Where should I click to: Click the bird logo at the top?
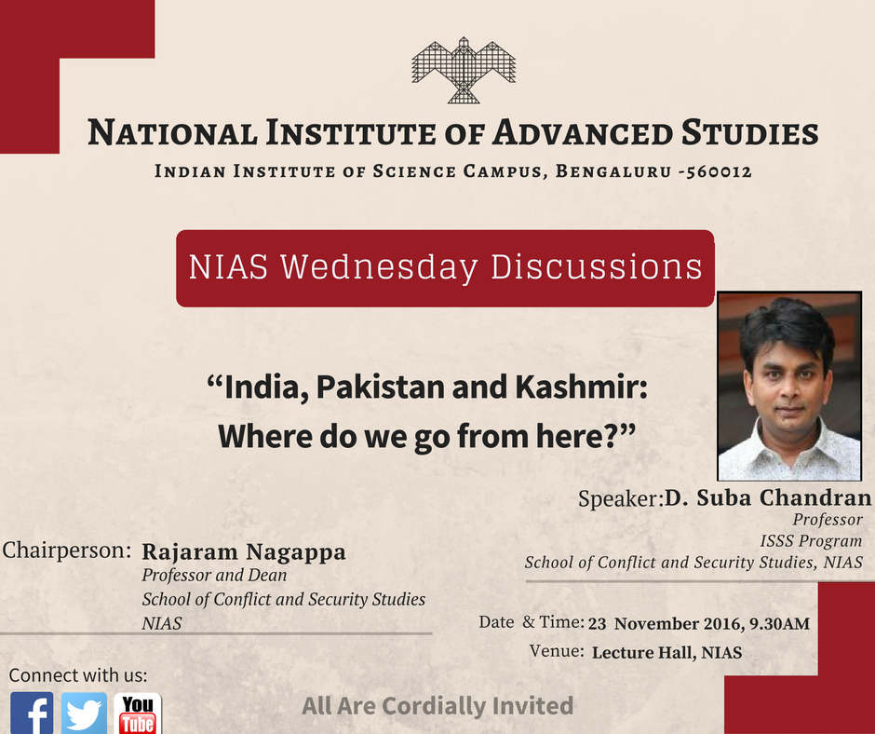point(464,70)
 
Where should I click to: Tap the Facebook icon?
point(32,714)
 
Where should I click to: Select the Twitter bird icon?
point(85,714)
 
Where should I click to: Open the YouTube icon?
point(138,714)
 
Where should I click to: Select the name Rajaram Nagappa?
point(244,551)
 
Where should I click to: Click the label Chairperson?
point(66,550)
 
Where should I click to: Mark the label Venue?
point(557,651)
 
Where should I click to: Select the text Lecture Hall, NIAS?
point(666,652)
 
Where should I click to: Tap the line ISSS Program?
point(811,540)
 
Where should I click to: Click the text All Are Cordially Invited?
point(437,706)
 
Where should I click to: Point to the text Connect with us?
point(78,675)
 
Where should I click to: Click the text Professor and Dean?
point(214,576)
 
